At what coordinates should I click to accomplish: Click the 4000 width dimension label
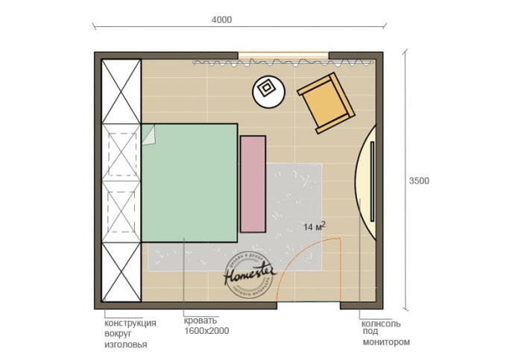tap(221, 20)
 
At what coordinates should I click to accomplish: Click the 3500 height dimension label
tap(420, 180)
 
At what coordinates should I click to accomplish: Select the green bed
tap(190, 183)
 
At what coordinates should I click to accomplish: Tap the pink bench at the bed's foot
tap(253, 183)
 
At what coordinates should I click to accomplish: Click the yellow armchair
tap(326, 104)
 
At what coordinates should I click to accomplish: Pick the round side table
tap(268, 92)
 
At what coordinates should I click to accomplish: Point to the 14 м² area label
tap(314, 226)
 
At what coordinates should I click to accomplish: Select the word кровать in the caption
tap(200, 323)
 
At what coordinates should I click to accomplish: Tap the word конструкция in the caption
tap(130, 323)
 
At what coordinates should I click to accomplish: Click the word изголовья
tap(126, 344)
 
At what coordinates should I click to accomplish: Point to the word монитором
tap(386, 342)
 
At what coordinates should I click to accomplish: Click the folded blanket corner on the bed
tap(149, 135)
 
